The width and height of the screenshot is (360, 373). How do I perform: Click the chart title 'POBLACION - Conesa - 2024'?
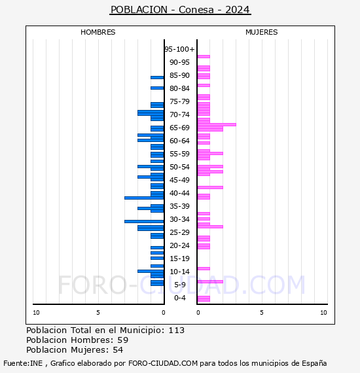(x=180, y=10)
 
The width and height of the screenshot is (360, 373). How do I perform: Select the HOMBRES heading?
(x=98, y=32)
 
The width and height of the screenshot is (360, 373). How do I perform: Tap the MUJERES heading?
(x=262, y=32)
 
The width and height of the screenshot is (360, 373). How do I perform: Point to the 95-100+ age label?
(x=179, y=49)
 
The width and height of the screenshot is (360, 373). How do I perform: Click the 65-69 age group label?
(x=179, y=128)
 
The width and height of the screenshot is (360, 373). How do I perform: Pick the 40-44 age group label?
(x=179, y=193)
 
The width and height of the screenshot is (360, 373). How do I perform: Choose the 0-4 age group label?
(x=180, y=298)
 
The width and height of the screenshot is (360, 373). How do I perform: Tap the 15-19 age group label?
(x=179, y=258)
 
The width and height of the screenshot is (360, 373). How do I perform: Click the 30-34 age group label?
(x=179, y=219)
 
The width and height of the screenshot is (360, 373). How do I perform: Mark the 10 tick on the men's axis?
(x=36, y=313)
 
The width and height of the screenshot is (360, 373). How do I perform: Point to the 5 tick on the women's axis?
(x=262, y=313)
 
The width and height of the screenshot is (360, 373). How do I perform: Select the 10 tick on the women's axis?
(x=323, y=313)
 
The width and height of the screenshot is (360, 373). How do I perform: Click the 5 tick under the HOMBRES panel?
(x=98, y=313)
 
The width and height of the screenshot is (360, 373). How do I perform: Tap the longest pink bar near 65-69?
(x=217, y=124)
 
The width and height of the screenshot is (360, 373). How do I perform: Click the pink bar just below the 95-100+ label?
(x=204, y=57)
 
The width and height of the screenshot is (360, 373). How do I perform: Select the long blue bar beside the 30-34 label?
(x=144, y=221)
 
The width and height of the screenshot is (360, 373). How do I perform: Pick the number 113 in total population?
(x=177, y=330)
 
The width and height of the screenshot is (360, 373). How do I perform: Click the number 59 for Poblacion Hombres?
(x=123, y=340)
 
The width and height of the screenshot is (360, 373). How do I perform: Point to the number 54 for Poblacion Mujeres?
(x=118, y=350)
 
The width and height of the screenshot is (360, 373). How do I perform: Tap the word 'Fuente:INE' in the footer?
(x=23, y=363)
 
